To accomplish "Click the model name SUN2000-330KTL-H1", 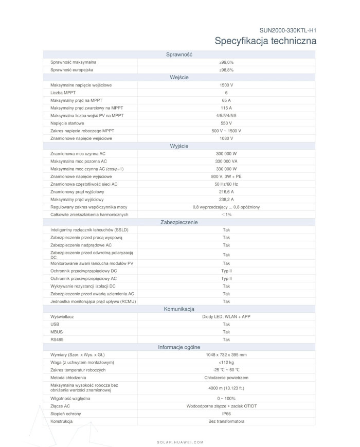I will pyautogui.click(x=287, y=30).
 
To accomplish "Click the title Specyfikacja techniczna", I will pyautogui.click(x=265, y=41).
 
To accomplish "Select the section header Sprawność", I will pyautogui.click(x=179, y=55).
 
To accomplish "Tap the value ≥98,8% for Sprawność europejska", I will pyautogui.click(x=226, y=69).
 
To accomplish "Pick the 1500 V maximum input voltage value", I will pyautogui.click(x=226, y=84).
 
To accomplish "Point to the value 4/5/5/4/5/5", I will pyautogui.click(x=226, y=115).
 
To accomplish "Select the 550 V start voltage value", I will pyautogui.click(x=226, y=123).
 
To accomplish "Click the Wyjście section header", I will pyautogui.click(x=179, y=146).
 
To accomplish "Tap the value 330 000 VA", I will pyautogui.click(x=226, y=161).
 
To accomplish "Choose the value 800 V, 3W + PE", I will pyautogui.click(x=226, y=176).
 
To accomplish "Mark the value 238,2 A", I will pyautogui.click(x=226, y=199).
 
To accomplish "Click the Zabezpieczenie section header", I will pyautogui.click(x=179, y=222).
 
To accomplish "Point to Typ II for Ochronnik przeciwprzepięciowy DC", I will pyautogui.click(x=226, y=271).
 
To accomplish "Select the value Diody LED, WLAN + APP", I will pyautogui.click(x=226, y=317).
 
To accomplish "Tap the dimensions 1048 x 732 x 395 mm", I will pyautogui.click(x=226, y=355).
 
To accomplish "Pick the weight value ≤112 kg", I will pyautogui.click(x=226, y=363).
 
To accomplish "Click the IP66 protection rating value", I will pyautogui.click(x=226, y=414).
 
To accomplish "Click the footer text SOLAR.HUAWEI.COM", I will pyautogui.click(x=180, y=442).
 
